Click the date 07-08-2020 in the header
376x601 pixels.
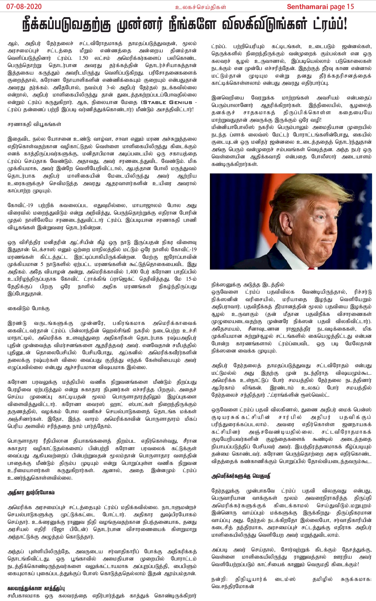tap(24, 7)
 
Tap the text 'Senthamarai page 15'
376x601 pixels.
tap(320, 7)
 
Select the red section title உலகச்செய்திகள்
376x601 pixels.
tap(201, 7)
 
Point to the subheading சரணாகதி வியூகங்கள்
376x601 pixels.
tap(34, 124)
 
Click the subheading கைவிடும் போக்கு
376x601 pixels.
tap(29, 308)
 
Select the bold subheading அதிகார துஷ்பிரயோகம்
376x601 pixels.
tap(31, 493)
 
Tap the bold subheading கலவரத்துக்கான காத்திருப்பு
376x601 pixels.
tap(36, 588)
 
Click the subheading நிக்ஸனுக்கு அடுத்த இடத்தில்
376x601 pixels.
tap(248, 285)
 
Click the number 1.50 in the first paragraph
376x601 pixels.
tap(83, 58)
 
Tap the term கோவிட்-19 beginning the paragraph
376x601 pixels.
tap(20, 206)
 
